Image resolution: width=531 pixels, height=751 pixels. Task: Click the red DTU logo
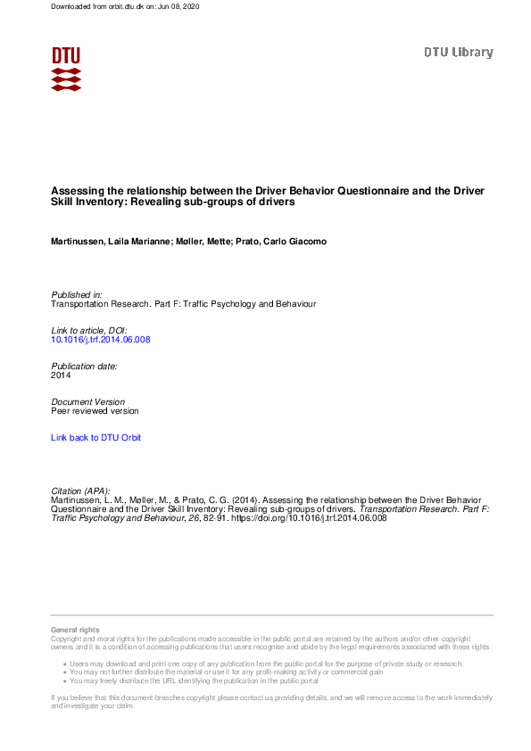66,69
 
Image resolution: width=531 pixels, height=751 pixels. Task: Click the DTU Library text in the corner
458,53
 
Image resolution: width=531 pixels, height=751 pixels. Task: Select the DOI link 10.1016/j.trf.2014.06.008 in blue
100,340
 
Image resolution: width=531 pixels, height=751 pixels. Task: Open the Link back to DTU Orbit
95,438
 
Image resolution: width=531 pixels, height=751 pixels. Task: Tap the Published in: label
77,294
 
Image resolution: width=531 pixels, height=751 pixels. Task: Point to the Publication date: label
85,366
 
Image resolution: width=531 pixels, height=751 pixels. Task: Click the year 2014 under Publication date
61,375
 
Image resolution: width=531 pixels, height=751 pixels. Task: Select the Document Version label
88,401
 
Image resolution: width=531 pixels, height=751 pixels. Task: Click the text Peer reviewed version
95,411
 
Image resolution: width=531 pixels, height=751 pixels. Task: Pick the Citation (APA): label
85,491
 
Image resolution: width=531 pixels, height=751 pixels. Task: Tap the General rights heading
76,630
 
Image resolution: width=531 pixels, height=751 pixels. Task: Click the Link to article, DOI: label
89,330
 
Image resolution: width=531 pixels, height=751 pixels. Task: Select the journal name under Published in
183,304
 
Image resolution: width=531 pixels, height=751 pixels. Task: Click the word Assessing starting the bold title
75,191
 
